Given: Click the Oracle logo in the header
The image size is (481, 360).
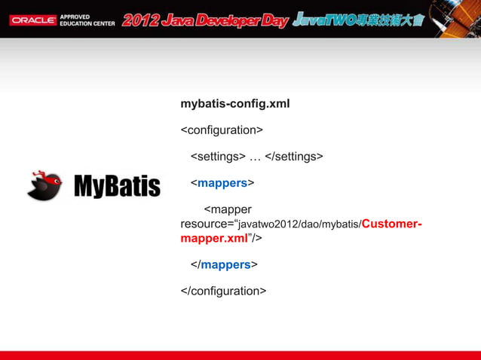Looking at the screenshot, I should point(32,20).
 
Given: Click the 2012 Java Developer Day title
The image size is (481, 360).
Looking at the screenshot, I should point(205,20).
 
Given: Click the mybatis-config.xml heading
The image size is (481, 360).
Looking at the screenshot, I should point(235,103).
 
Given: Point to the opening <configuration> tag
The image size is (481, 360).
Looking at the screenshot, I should point(222,130).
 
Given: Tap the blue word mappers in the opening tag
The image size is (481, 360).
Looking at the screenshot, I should point(222,183).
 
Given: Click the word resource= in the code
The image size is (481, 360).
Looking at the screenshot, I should point(207,224).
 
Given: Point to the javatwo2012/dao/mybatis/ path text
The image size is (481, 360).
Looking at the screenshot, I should point(300,224).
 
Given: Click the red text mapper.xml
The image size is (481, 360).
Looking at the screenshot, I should point(215,238).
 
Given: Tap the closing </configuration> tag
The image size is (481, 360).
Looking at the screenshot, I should point(223,291).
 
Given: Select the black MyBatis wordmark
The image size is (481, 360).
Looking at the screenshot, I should point(116,186).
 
